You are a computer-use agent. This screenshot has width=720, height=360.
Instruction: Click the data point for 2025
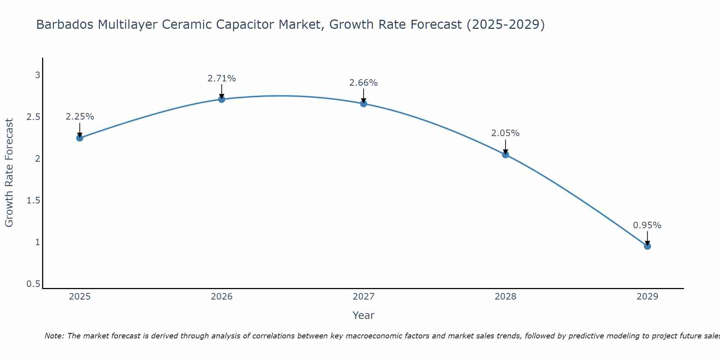coord(80,138)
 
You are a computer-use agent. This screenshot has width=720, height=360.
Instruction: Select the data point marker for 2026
coord(222,99)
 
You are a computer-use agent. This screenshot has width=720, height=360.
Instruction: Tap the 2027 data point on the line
coord(364,104)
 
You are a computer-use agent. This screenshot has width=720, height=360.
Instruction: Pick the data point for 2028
coord(505,155)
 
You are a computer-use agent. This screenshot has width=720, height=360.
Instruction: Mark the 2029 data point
coord(647,246)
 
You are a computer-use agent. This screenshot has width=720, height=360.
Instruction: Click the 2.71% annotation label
coord(222,78)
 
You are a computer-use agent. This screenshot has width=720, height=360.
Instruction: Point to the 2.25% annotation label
coord(80,117)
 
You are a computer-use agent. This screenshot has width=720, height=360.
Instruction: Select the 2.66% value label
coord(364,83)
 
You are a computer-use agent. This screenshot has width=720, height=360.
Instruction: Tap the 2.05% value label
coord(505,133)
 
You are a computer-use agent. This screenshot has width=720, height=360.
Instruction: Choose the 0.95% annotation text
coord(647,225)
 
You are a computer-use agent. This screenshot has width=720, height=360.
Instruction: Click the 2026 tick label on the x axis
coord(222,297)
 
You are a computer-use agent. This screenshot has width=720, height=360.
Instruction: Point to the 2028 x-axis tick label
coord(505,297)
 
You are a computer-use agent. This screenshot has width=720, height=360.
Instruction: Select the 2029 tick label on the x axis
coord(647,297)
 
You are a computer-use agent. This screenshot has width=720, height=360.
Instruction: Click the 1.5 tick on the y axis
coord(33,201)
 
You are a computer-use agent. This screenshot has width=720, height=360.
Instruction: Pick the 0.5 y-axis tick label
coord(33,284)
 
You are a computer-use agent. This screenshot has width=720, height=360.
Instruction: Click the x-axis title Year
coord(364,315)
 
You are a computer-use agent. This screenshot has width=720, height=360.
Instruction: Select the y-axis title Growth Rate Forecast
coord(9,173)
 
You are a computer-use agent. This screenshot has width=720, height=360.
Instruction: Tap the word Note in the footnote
coord(54,336)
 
